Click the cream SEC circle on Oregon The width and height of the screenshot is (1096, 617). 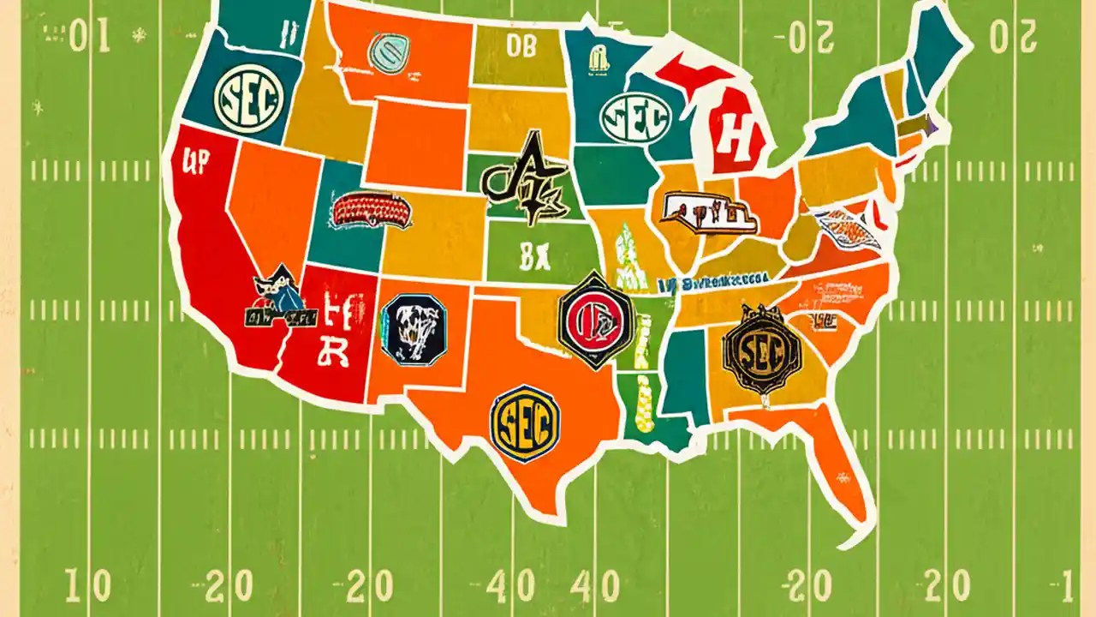[x=247, y=102]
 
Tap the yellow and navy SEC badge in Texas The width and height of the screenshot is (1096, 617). [x=524, y=422]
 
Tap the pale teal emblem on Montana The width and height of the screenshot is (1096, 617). [x=388, y=51]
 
